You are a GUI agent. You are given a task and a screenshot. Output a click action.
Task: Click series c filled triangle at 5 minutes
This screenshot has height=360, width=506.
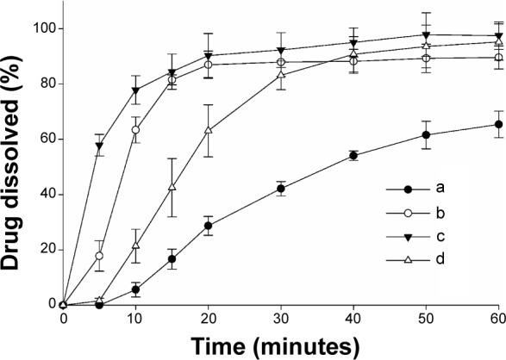point(99,146)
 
